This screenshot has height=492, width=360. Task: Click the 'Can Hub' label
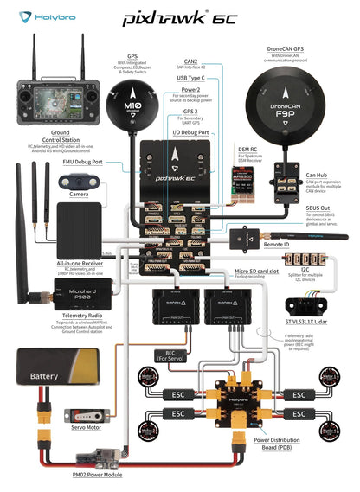(x=316, y=174)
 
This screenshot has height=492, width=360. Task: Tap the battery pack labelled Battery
(x=45, y=375)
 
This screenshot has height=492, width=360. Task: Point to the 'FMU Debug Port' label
(x=83, y=161)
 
